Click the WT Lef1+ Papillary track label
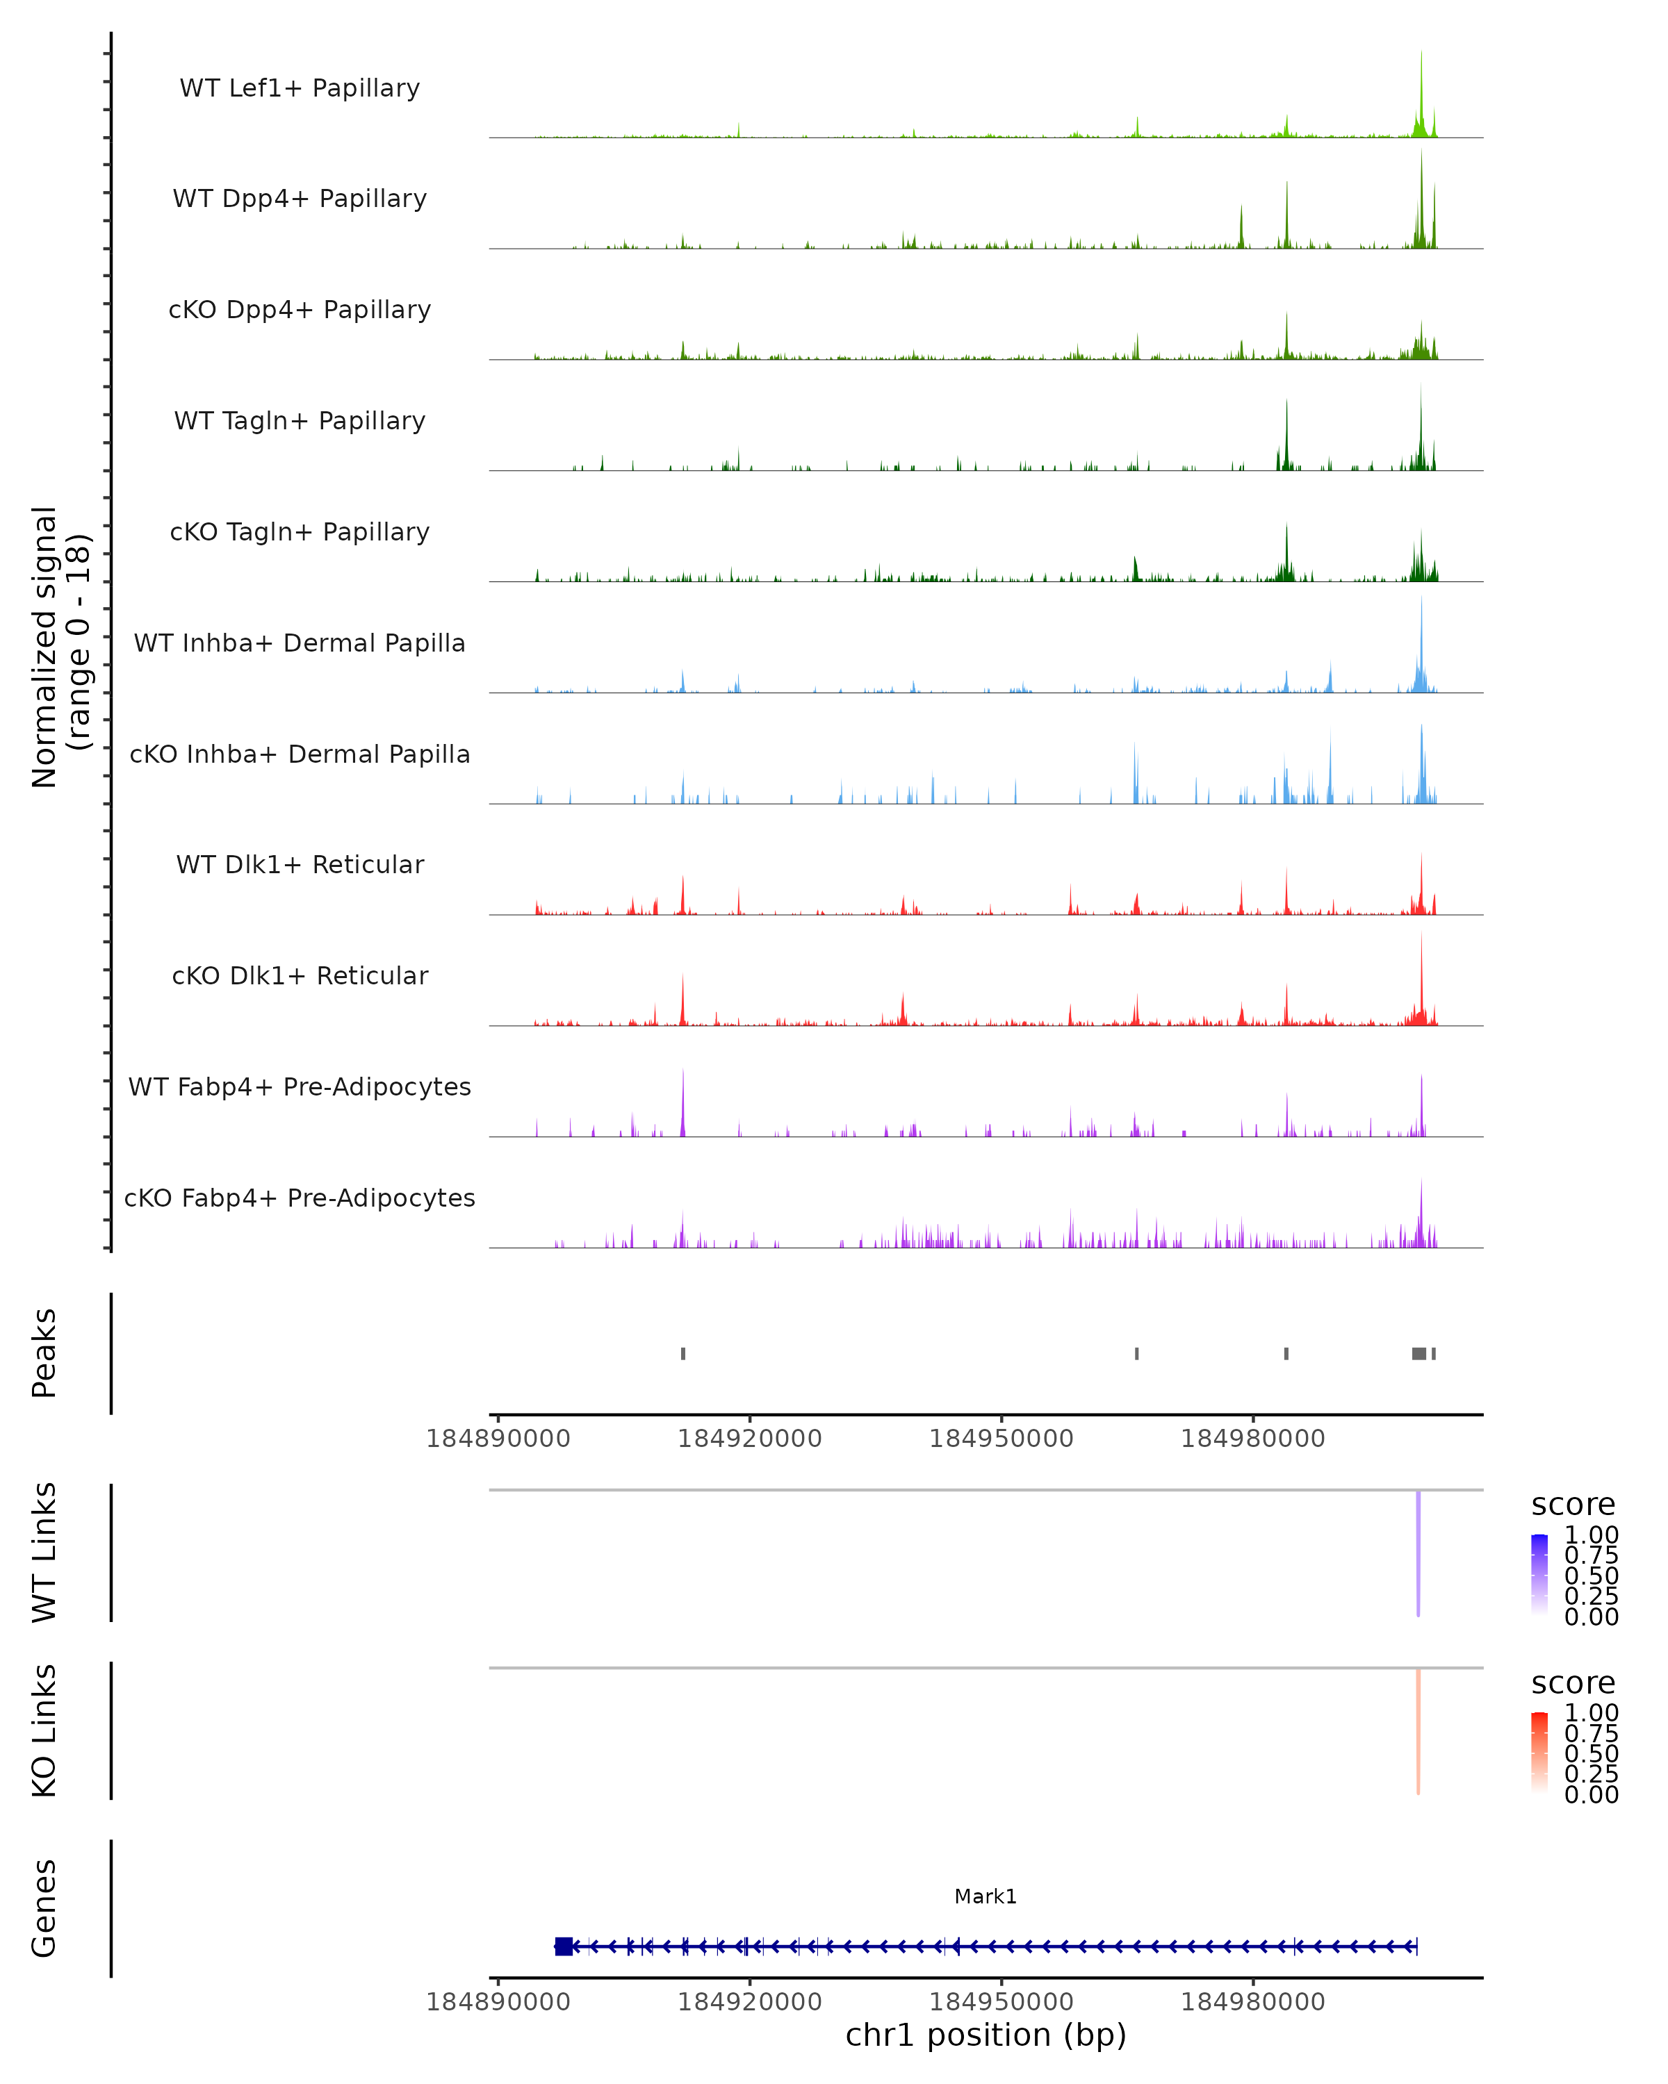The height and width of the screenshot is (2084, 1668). tap(300, 88)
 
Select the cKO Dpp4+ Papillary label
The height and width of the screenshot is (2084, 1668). tap(300, 309)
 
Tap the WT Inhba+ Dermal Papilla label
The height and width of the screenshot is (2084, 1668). tap(300, 643)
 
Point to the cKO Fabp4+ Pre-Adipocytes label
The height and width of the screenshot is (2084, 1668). tap(300, 1198)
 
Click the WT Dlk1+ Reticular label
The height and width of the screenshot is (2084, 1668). tap(300, 864)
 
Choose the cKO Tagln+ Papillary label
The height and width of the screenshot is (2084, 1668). tap(300, 531)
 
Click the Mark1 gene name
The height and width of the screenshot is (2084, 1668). tap(986, 1896)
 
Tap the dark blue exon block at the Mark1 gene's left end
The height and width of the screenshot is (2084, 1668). tap(564, 1946)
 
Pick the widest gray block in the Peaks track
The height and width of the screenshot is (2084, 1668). tap(1418, 1353)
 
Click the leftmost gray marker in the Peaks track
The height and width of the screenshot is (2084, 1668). tap(682, 1353)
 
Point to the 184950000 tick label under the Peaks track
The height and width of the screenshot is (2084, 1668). tap(1001, 1439)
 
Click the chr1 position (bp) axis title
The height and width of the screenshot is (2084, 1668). tap(986, 2035)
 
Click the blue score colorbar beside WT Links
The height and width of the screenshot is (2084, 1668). tap(1539, 1573)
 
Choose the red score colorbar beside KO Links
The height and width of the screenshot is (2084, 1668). tap(1539, 1751)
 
